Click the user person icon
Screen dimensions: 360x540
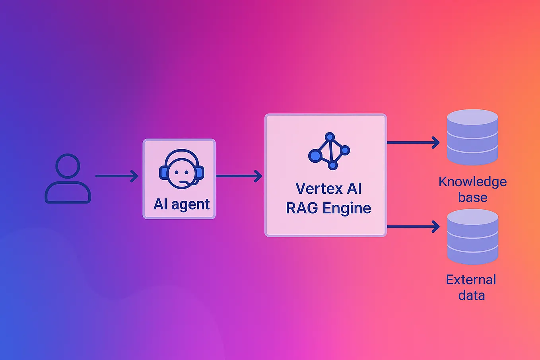click(x=68, y=179)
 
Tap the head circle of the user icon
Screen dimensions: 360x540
click(x=68, y=165)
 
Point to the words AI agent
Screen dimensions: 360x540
click(x=181, y=204)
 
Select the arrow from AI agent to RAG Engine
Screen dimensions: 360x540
click(x=239, y=176)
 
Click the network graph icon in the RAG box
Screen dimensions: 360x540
click(x=329, y=151)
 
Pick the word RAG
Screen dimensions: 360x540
click(x=302, y=208)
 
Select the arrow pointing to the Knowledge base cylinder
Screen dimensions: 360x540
click(x=413, y=142)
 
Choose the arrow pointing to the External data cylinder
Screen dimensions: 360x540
click(x=413, y=227)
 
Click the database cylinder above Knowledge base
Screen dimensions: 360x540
click(x=472, y=137)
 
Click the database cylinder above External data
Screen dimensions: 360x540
click(x=472, y=237)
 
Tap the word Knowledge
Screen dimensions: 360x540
click(x=472, y=182)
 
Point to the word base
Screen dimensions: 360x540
click(x=472, y=197)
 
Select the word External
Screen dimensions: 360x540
click(x=471, y=280)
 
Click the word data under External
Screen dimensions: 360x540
click(x=471, y=296)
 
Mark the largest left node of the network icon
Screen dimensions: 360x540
click(x=315, y=156)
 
